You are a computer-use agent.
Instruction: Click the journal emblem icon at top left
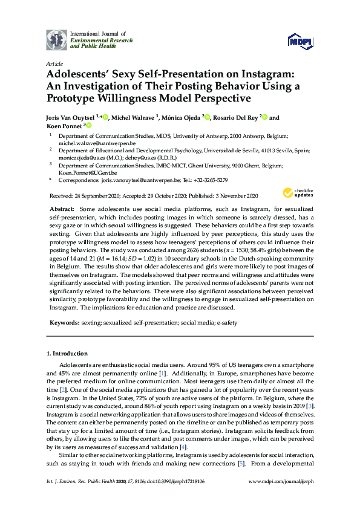tap(57, 39)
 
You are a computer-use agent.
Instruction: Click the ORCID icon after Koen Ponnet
tap(89, 126)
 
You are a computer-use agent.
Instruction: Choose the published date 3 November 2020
tap(232, 196)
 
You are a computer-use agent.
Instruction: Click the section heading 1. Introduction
tap(67, 353)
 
